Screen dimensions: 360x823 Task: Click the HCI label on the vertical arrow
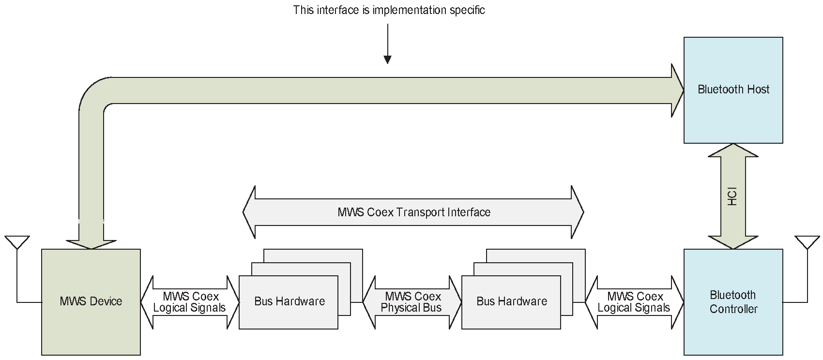click(733, 196)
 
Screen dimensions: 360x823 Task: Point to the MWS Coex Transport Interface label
click(414, 212)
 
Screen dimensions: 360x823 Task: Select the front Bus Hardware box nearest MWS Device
click(289, 302)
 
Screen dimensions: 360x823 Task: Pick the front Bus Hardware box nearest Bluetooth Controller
click(511, 302)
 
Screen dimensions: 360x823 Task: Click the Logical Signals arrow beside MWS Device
click(190, 302)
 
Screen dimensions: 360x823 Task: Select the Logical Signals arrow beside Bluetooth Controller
click(634, 302)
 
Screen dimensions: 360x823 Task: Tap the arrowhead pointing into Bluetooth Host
click(677, 90)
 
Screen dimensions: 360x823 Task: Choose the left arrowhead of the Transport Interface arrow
click(249, 212)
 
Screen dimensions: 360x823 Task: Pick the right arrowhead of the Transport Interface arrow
click(578, 212)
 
